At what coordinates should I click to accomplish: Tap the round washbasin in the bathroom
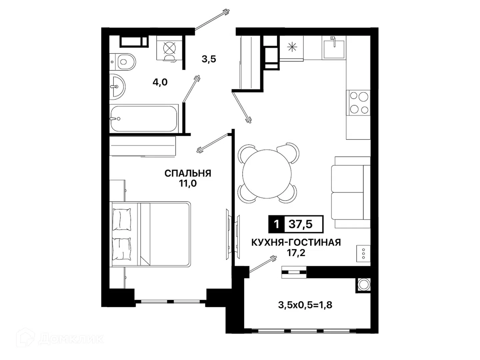[x=117, y=87]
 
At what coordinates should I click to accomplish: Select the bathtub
[x=143, y=119]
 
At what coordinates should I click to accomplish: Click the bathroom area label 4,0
[x=160, y=82]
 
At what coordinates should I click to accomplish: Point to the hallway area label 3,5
[x=209, y=59]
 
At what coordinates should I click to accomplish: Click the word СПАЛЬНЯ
[x=188, y=174]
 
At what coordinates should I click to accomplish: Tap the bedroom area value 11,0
[x=188, y=184]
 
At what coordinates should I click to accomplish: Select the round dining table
[x=267, y=174]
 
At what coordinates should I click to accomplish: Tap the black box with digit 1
[x=276, y=224]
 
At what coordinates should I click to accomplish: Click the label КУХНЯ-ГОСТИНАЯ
[x=296, y=243]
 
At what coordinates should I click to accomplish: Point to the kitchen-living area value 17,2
[x=296, y=253]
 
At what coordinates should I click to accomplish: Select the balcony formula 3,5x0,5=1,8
[x=305, y=305]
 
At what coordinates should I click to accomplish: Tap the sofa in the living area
[x=351, y=192]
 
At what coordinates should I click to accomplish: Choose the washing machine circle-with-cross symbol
[x=170, y=48]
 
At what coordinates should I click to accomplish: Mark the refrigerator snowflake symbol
[x=292, y=47]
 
